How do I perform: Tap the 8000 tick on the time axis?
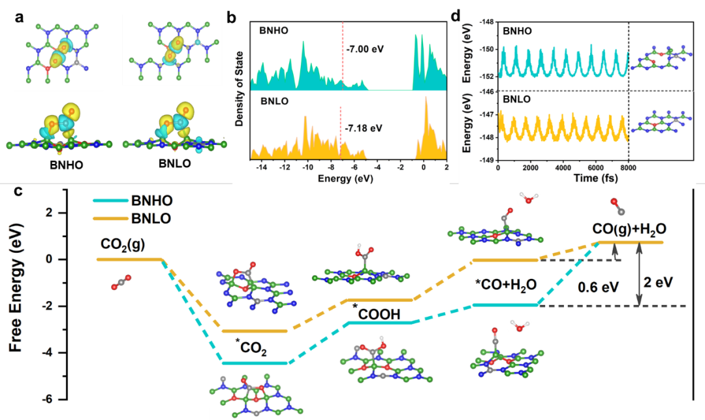627,167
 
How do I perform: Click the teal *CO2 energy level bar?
255,363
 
